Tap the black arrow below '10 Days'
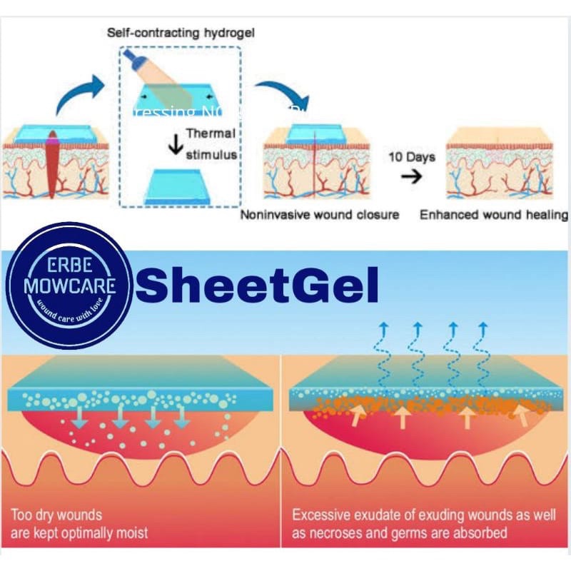pos(409,177)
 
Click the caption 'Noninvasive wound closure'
pos(320,214)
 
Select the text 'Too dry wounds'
pos(57,514)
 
